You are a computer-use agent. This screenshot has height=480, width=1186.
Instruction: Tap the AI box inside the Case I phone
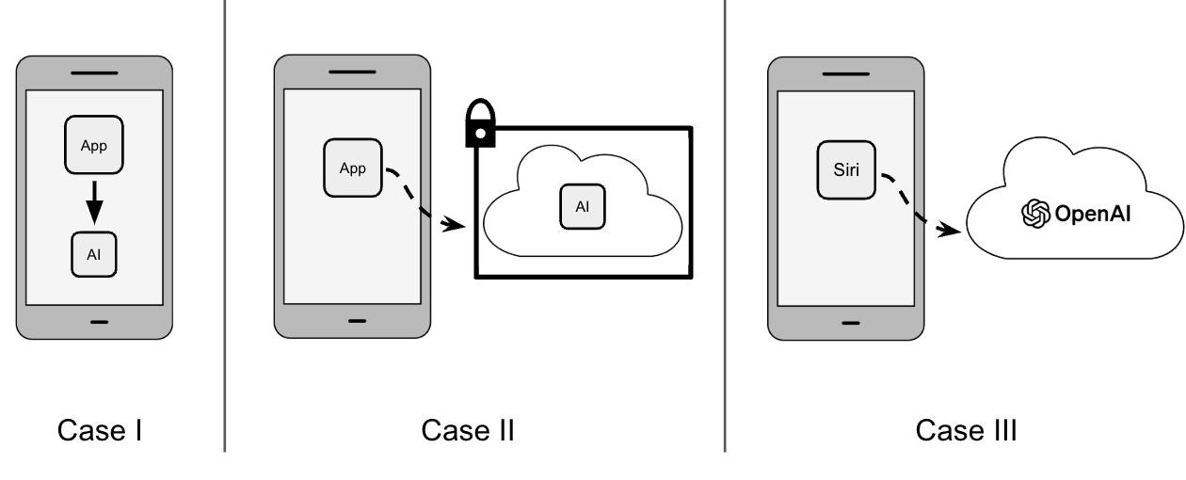(94, 254)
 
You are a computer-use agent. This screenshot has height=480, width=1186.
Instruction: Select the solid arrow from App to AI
(94, 201)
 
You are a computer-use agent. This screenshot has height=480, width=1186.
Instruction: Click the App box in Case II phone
(352, 168)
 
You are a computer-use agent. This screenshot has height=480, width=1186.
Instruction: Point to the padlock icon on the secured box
(481, 125)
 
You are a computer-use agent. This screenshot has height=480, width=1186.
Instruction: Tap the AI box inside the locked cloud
(583, 206)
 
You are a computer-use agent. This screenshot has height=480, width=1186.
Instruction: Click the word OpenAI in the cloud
(1093, 214)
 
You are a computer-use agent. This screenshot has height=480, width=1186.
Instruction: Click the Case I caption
(100, 431)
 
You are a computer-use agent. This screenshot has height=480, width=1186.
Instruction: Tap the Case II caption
(468, 431)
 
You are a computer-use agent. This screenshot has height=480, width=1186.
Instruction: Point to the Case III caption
(966, 431)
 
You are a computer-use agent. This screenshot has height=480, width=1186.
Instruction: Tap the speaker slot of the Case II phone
(353, 72)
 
